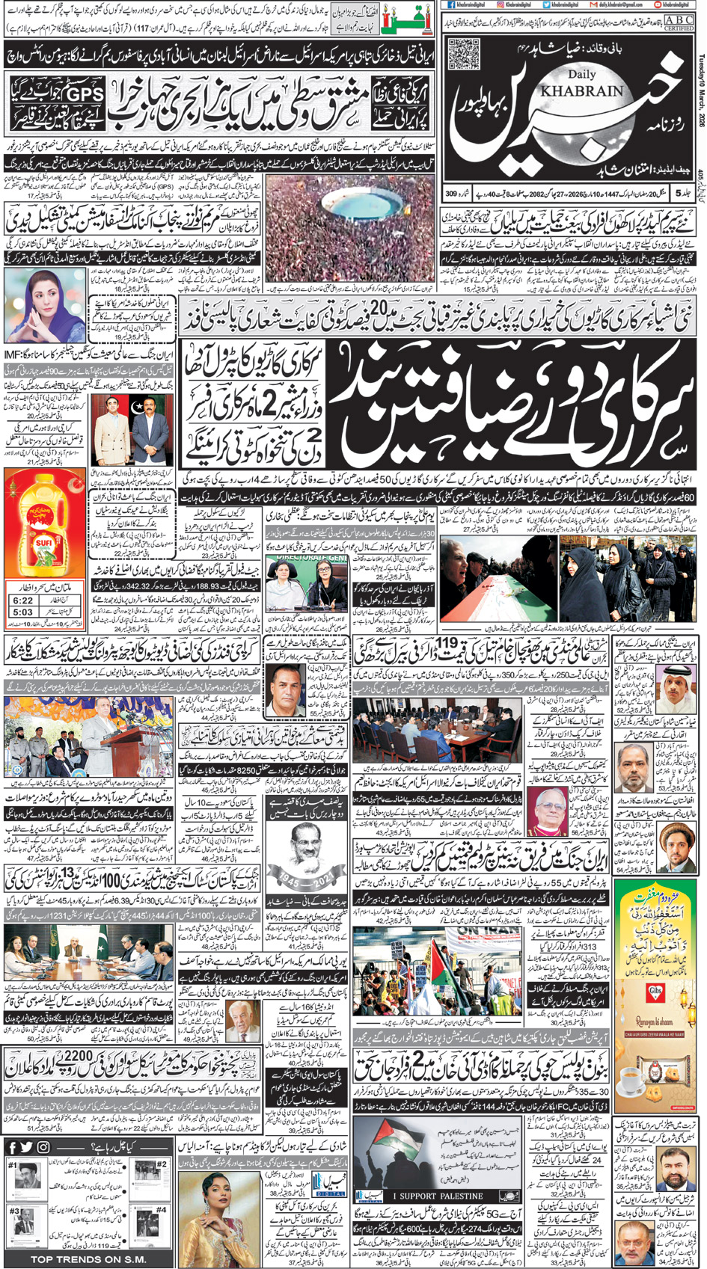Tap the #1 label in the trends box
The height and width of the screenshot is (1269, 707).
12,1164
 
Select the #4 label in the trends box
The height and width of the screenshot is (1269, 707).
161,1208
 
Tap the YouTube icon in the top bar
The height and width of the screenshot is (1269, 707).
656,4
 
